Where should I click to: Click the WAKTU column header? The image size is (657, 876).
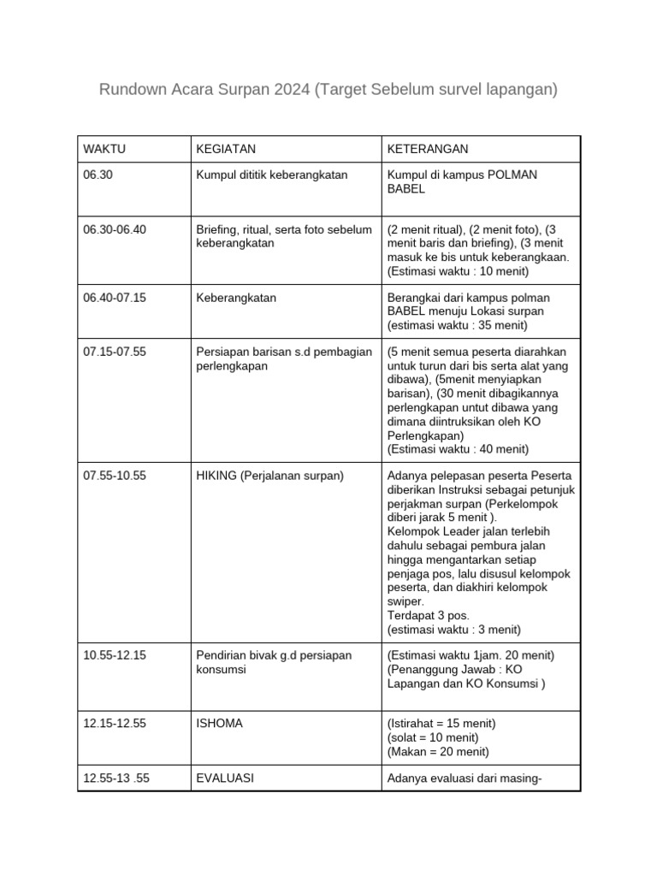click(104, 149)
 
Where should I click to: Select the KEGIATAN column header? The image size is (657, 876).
click(226, 149)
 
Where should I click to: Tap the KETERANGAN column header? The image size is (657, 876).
click(428, 149)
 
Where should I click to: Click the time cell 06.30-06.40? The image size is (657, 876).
click(115, 230)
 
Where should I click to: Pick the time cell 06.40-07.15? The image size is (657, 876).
click(115, 298)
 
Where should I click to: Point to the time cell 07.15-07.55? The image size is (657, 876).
click(115, 352)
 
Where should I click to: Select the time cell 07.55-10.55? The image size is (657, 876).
click(115, 476)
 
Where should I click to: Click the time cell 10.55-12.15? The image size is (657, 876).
click(115, 655)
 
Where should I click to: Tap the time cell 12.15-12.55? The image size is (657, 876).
click(115, 724)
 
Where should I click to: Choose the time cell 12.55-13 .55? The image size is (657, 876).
click(116, 778)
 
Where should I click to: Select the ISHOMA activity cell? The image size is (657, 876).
click(220, 724)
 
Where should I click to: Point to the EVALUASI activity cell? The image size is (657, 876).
click(225, 778)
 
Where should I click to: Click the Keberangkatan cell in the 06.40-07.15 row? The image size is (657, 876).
click(236, 298)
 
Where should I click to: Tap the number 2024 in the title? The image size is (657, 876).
click(293, 89)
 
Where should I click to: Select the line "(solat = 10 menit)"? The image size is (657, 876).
click(433, 737)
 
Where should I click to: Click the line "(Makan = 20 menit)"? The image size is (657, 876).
click(438, 751)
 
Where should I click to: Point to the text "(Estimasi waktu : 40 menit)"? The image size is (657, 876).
click(458, 449)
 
